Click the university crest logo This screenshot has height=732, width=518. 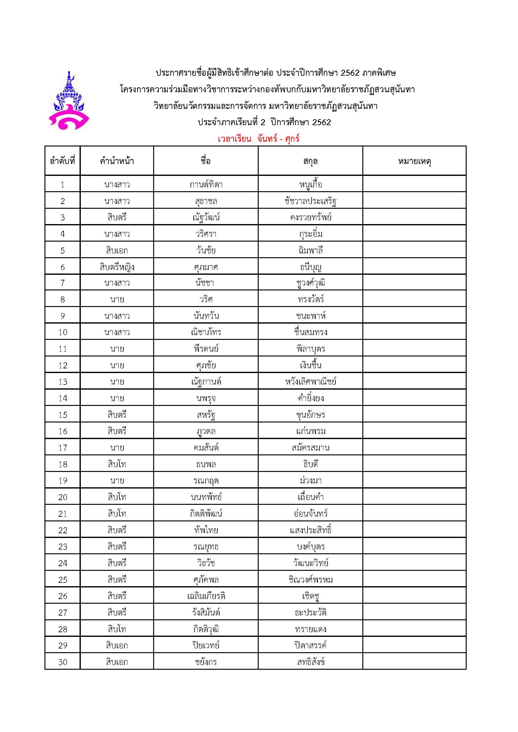69,100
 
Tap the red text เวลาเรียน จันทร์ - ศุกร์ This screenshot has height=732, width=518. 259,139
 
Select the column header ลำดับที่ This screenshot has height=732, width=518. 63,161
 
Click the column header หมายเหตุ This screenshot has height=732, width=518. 414,161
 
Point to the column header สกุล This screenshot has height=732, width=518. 310,161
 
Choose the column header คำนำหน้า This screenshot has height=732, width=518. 117,161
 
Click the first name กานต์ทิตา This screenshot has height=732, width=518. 206,185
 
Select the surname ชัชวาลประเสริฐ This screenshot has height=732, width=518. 310,201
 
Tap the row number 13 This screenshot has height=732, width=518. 63,381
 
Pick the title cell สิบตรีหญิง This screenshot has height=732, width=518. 117,267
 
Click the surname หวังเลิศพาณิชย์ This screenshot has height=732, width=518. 310,381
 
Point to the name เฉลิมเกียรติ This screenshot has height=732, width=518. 206,596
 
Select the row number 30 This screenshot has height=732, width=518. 63,662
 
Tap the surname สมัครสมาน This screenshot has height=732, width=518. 310,448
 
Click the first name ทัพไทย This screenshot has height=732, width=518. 206,530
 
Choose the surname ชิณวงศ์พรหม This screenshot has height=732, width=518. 310,580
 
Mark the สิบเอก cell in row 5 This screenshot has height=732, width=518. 117,251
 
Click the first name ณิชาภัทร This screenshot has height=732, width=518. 206,332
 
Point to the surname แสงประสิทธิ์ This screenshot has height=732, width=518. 310,530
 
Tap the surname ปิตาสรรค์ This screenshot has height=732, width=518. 310,646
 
